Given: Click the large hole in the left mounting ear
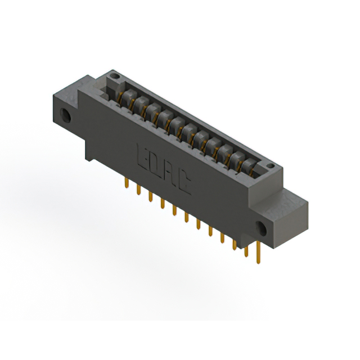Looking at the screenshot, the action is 65,115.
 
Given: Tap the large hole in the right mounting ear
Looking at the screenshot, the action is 261,229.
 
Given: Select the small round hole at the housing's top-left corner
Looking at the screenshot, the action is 114,75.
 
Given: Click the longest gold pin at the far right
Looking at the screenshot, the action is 258,253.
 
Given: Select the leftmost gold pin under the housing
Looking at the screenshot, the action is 127,183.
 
